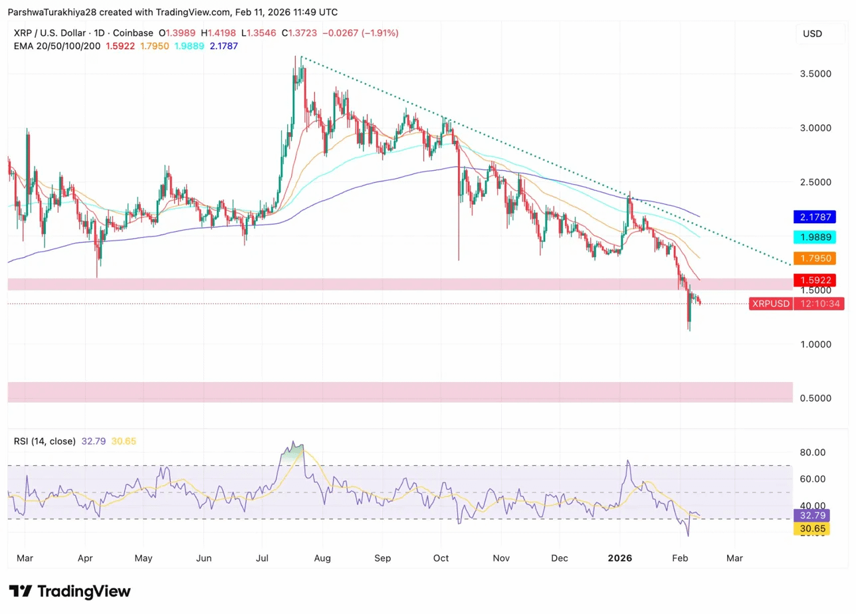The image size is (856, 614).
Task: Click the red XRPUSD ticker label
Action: coord(770,304)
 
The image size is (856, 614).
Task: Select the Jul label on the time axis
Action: coord(263,558)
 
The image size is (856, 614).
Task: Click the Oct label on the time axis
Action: coord(441,558)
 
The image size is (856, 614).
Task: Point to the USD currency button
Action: coord(812,33)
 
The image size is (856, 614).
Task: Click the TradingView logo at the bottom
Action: coord(70,591)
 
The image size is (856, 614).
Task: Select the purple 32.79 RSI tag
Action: coord(811,515)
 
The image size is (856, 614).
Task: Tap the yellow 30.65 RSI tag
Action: coord(811,529)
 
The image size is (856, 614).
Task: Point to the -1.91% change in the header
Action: coord(381,33)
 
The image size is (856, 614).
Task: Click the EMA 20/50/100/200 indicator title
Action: coord(56,46)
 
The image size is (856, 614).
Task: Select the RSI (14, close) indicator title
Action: coord(45,441)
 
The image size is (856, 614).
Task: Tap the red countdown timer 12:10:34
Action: coord(819,304)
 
